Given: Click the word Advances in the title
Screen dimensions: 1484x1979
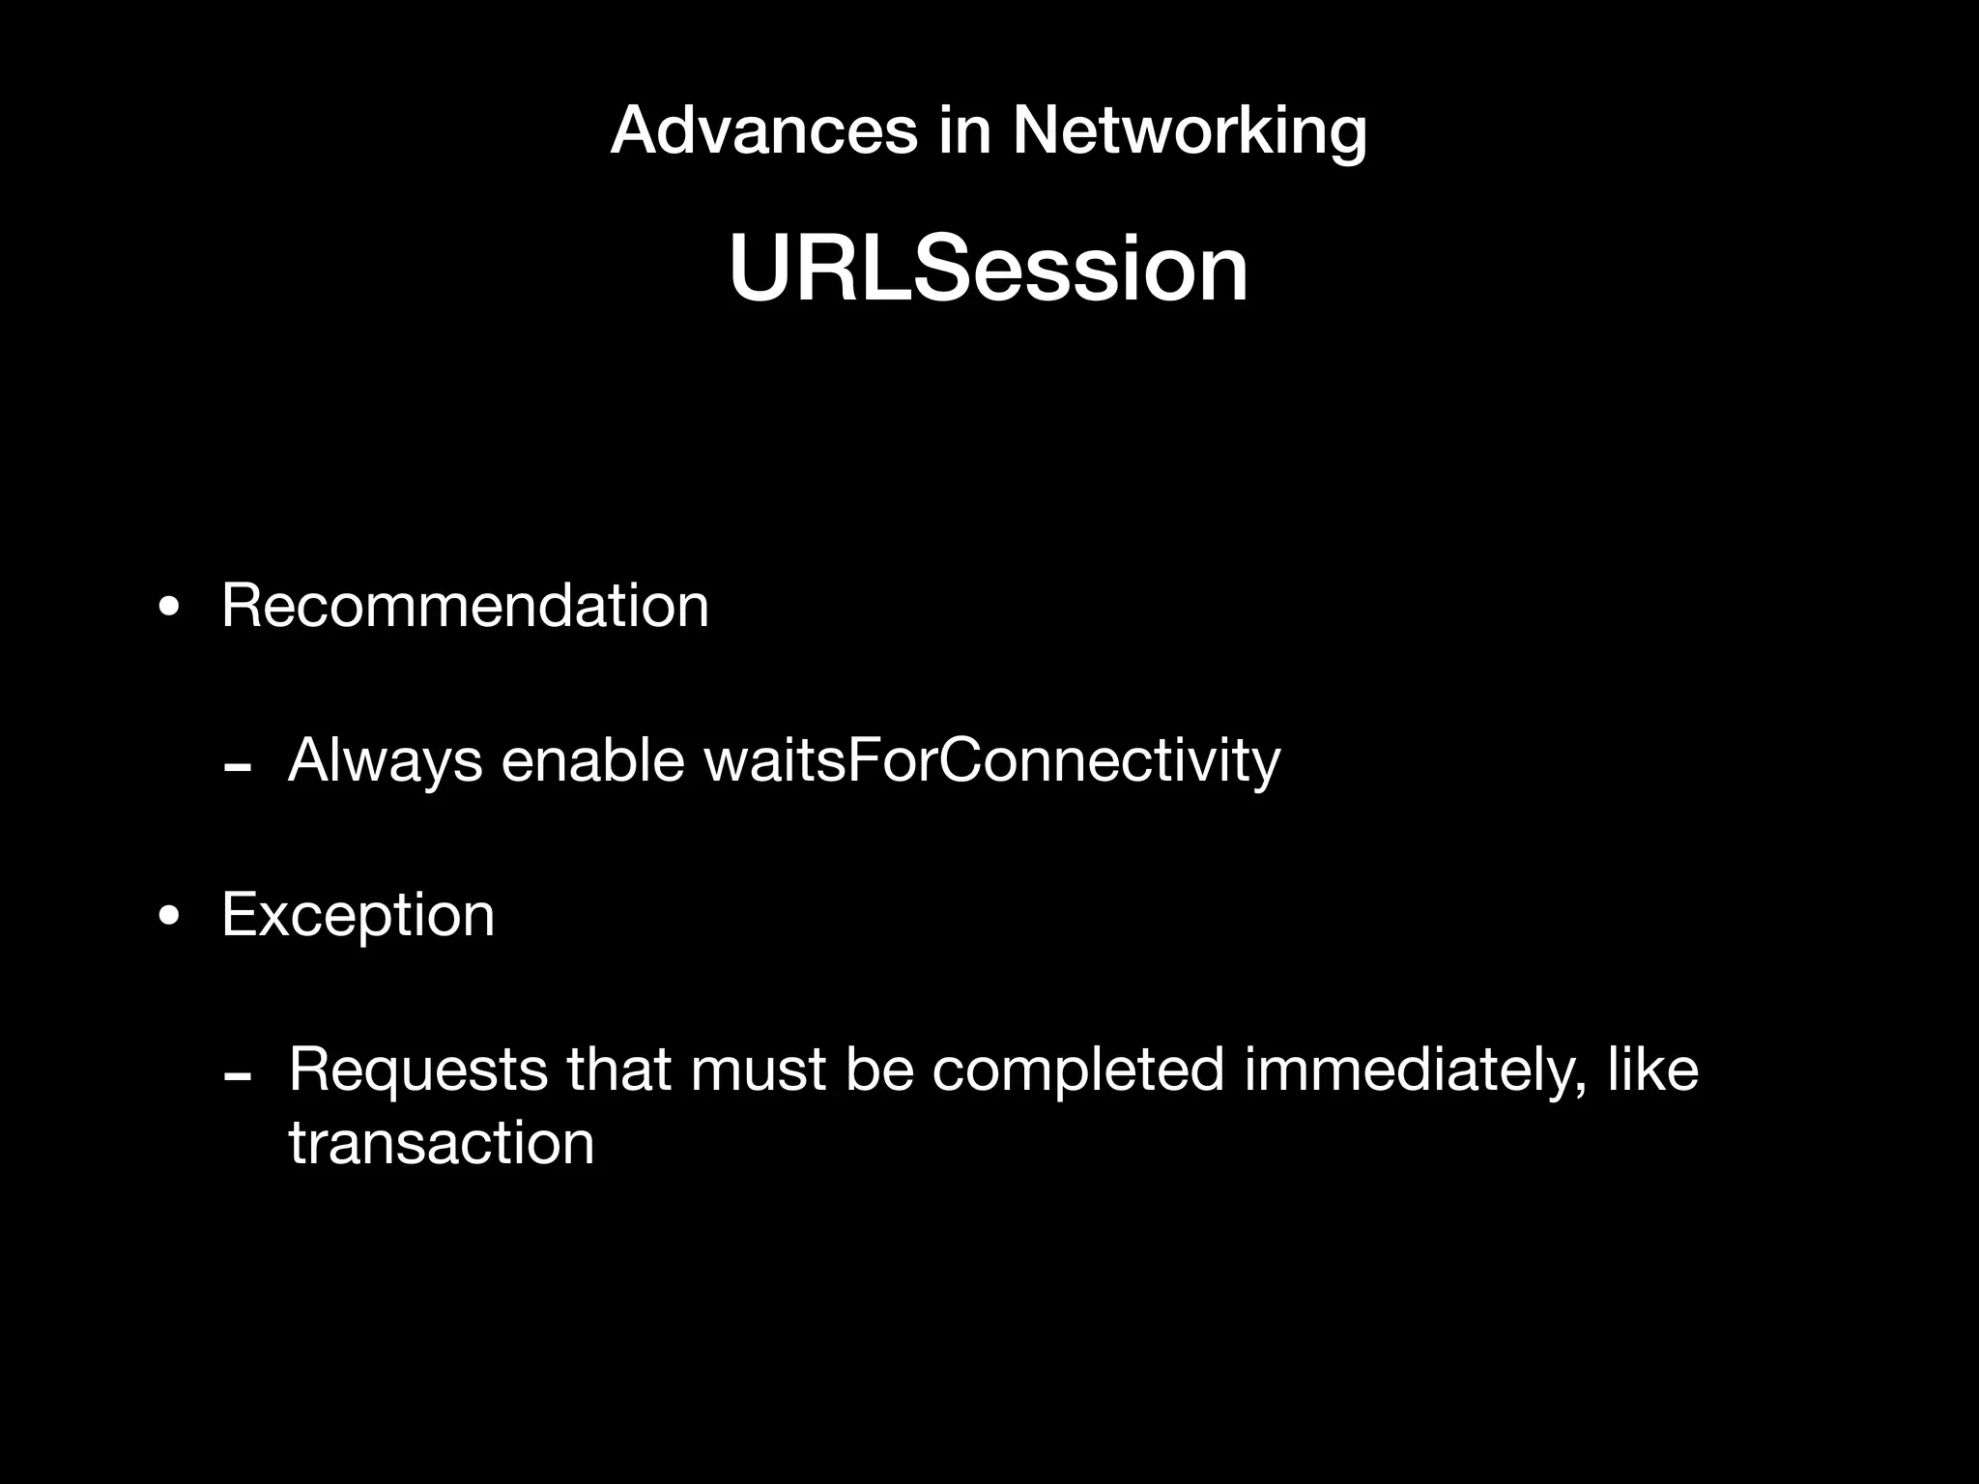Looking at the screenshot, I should click(763, 130).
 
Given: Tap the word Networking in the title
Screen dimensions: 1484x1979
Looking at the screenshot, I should click(1190, 130).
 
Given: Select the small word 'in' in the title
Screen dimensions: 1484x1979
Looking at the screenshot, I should click(964, 130).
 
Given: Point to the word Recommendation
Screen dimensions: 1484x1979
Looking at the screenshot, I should click(465, 606).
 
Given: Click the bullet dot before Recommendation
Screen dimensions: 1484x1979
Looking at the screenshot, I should click(170, 609).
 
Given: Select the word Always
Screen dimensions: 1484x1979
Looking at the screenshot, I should click(385, 760).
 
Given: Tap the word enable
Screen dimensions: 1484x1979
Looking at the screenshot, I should click(592, 760).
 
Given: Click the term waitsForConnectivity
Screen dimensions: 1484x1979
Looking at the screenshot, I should click(991, 760).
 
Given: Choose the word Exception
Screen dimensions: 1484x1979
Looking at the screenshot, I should click(358, 914).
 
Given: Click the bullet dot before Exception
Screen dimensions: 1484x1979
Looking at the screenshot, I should click(170, 917).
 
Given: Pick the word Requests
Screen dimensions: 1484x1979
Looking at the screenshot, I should click(417, 1070).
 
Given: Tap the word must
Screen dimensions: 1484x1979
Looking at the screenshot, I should click(758, 1070).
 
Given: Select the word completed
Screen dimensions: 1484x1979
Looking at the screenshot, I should click(1077, 1070).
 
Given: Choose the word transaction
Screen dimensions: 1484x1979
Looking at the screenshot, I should click(441, 1144).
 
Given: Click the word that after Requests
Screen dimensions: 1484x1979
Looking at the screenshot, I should click(617, 1070).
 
